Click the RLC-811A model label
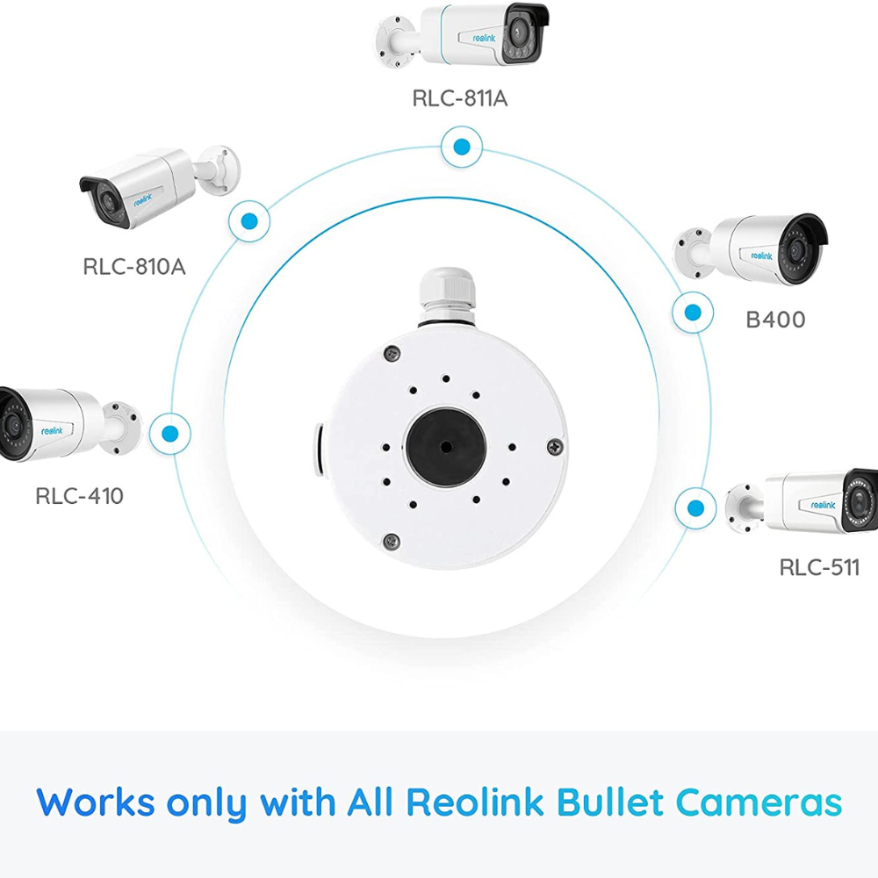click(x=460, y=98)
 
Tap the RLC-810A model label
click(x=133, y=267)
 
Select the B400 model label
click(x=775, y=320)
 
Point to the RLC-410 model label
click(x=79, y=495)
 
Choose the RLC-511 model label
click(x=819, y=568)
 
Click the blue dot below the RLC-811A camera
click(x=462, y=148)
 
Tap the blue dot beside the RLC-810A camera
click(x=249, y=221)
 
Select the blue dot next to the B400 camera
click(x=693, y=313)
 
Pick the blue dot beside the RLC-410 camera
click(x=169, y=434)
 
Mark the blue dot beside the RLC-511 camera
click(x=695, y=508)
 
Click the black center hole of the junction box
click(x=445, y=446)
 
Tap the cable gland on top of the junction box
click(x=447, y=297)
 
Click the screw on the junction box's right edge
click(x=554, y=446)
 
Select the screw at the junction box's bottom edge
click(x=392, y=541)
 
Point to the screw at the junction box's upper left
click(x=392, y=353)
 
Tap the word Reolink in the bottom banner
click(x=475, y=802)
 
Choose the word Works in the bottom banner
click(x=95, y=802)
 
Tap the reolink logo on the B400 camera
click(x=761, y=255)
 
